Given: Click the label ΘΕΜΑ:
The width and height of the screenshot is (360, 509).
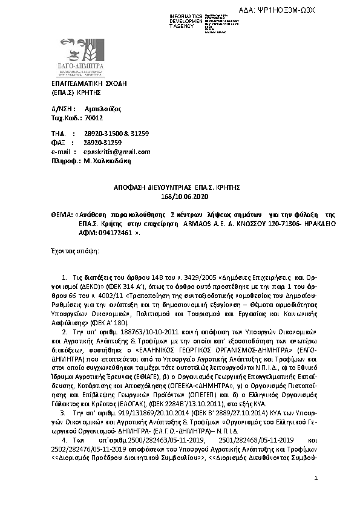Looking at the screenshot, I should pyautogui.click(x=61, y=215).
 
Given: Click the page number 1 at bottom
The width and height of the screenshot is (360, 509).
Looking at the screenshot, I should pyautogui.click(x=316, y=495).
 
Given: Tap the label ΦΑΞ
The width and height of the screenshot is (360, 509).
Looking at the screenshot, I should pyautogui.click(x=57, y=143).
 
